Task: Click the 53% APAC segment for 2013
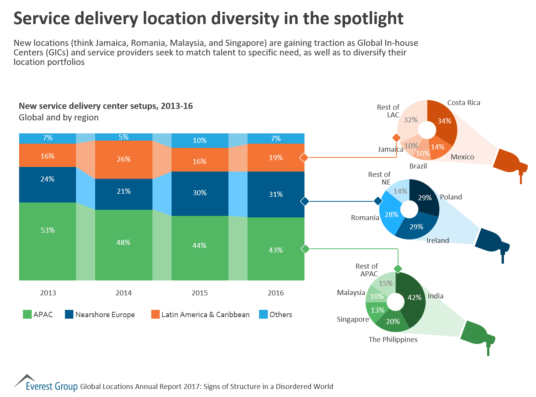tap(48, 241)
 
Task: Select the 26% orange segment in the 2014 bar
tap(123, 159)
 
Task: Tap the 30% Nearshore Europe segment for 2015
tap(199, 193)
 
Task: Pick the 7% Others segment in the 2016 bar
tap(276, 138)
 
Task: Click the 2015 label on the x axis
tap(199, 293)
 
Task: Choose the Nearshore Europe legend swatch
tap(69, 314)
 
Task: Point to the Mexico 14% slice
tap(438, 147)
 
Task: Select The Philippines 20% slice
tap(393, 322)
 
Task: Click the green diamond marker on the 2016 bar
tap(305, 249)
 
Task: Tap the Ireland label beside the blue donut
tap(438, 240)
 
